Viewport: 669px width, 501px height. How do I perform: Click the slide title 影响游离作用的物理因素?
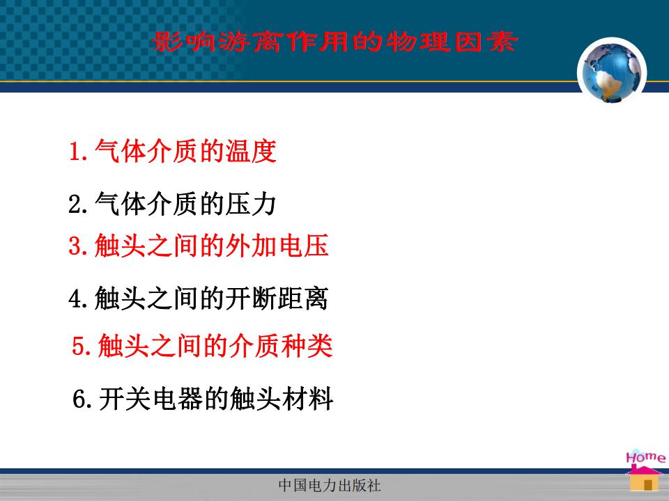point(334,42)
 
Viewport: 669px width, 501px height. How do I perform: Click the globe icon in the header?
point(612,72)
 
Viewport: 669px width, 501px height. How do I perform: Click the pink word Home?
point(645,457)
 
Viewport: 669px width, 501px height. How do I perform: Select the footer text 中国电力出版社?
point(329,485)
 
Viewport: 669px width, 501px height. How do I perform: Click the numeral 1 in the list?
point(75,152)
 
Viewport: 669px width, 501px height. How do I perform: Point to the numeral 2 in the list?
point(75,204)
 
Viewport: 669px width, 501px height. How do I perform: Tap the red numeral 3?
point(75,246)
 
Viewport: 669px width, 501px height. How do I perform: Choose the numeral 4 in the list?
point(75,299)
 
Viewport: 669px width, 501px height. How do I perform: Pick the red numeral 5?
point(79,345)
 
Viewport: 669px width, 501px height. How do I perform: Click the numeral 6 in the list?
point(79,399)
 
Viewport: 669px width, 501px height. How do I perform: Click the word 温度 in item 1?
point(251,151)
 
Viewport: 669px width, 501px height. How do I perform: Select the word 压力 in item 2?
point(251,204)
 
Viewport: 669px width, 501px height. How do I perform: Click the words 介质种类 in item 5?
point(281,345)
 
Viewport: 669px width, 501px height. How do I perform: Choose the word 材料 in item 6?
point(307,399)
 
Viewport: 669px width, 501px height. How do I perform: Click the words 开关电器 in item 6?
point(151,399)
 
